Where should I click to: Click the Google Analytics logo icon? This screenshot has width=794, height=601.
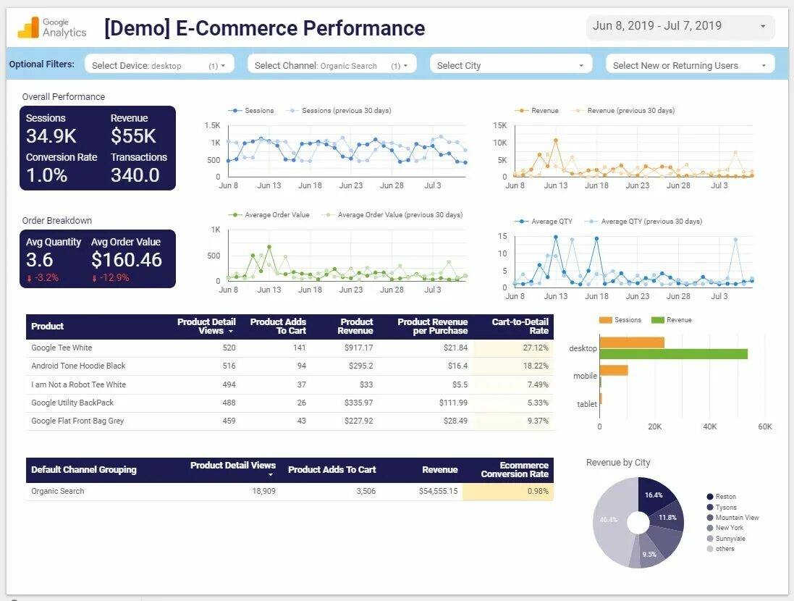(29, 28)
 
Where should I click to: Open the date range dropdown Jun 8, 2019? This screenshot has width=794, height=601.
(680, 27)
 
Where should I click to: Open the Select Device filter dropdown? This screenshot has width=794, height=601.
(159, 65)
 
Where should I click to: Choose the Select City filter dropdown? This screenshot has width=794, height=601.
(510, 65)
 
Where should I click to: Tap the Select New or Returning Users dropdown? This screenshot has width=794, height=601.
(690, 65)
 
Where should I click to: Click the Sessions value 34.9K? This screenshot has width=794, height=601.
(51, 136)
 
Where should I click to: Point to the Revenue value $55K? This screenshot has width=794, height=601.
(133, 136)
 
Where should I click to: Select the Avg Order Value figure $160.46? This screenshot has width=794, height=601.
(127, 260)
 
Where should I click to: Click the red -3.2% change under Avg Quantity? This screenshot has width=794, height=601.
(43, 278)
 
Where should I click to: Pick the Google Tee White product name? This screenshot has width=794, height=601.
(62, 348)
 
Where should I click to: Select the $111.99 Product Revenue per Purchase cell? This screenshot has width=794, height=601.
(453, 403)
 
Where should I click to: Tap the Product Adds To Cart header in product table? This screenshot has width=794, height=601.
(278, 326)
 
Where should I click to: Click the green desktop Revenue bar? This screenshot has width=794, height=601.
(673, 354)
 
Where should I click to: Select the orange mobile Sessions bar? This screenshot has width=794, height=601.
(614, 370)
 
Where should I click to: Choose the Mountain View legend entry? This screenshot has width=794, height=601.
(737, 518)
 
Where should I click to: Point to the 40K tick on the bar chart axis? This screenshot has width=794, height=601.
(710, 426)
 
